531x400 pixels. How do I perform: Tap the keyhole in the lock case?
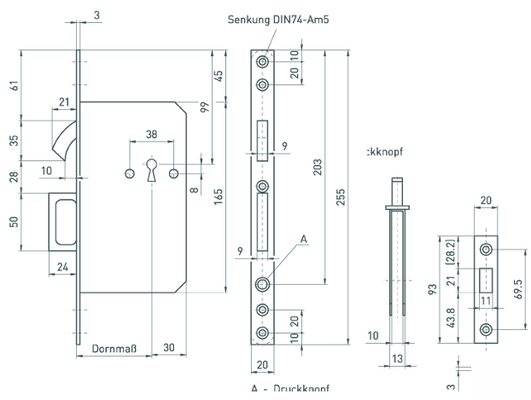[152, 170]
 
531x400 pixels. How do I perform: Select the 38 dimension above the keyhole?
[150, 134]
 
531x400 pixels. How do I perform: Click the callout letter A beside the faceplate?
[304, 241]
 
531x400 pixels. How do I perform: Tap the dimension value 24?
[62, 266]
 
